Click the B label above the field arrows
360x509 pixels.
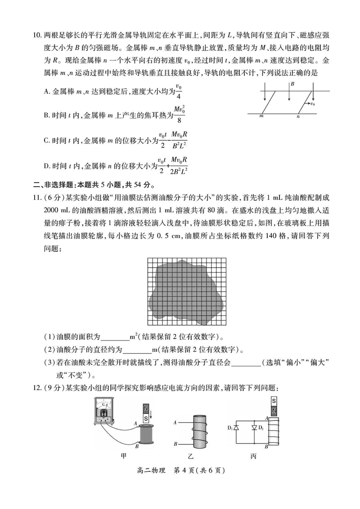coord(292,84)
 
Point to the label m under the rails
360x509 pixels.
coord(261,116)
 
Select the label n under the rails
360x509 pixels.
coord(297,116)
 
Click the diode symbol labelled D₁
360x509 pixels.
coord(241,426)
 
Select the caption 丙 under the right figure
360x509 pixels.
coord(254,455)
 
